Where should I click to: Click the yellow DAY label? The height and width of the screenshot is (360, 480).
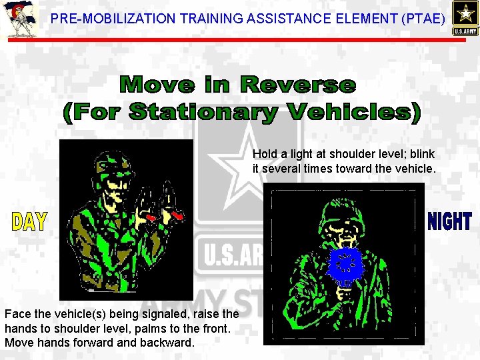[x=29, y=222]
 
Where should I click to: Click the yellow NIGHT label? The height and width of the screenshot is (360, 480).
[x=449, y=221]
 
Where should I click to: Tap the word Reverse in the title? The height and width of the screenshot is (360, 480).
[x=297, y=85]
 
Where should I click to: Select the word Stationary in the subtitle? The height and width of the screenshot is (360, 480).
[x=204, y=111]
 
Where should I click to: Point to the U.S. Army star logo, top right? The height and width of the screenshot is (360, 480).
[x=464, y=17]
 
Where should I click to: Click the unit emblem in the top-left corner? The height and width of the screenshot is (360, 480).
[x=18, y=19]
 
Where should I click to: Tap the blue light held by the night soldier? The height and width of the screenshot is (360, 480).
[x=345, y=264]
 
